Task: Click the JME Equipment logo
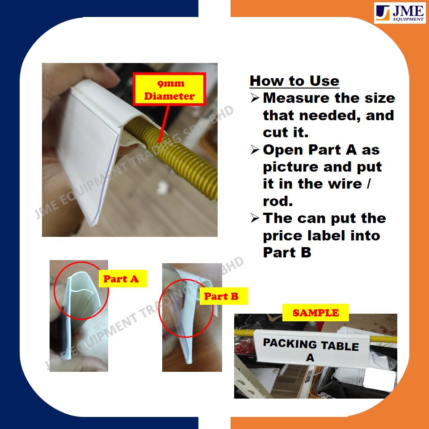coord(400,13)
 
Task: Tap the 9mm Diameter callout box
coord(169,89)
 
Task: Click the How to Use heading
coord(294,81)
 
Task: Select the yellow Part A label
coord(123,278)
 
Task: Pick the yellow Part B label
coord(223,296)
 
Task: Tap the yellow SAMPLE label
coord(315,312)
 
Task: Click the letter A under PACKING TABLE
coord(310,357)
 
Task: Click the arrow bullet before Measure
coord(255,98)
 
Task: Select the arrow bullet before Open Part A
coord(255,150)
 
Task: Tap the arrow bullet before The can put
coord(255,218)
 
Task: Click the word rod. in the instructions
coord(278,202)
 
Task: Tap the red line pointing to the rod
coord(164,124)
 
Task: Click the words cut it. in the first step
coord(286,132)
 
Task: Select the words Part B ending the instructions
coord(287,252)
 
